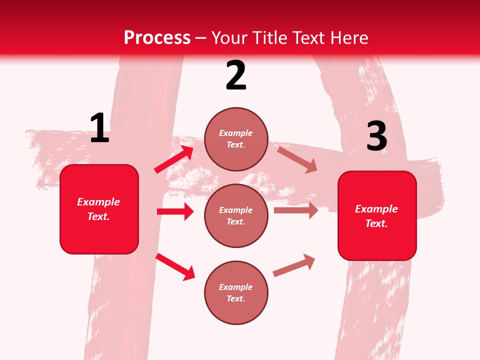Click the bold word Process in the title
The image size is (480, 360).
pyautogui.click(x=157, y=38)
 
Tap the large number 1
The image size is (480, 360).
pyautogui.click(x=99, y=128)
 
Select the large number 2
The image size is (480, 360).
pyautogui.click(x=236, y=75)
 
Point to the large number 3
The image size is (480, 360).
pyautogui.click(x=376, y=136)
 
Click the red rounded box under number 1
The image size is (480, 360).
pyautogui.click(x=99, y=209)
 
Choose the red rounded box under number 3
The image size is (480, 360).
pyautogui.click(x=377, y=215)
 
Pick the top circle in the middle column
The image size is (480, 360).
pyautogui.click(x=236, y=139)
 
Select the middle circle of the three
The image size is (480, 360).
pyautogui.click(x=236, y=215)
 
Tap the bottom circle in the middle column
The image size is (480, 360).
pyautogui.click(x=236, y=292)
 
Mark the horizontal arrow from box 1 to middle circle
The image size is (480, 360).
pyautogui.click(x=175, y=211)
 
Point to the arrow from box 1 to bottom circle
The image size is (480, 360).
pyautogui.click(x=175, y=266)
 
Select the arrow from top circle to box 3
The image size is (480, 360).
pyautogui.click(x=297, y=159)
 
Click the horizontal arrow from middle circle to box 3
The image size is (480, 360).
pyautogui.click(x=295, y=210)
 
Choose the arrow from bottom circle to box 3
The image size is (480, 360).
pyautogui.click(x=294, y=265)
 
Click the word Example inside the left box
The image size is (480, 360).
pyautogui.click(x=98, y=202)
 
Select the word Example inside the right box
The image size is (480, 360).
pyautogui.click(x=376, y=209)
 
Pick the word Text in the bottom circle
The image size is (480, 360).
pyautogui.click(x=235, y=298)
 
